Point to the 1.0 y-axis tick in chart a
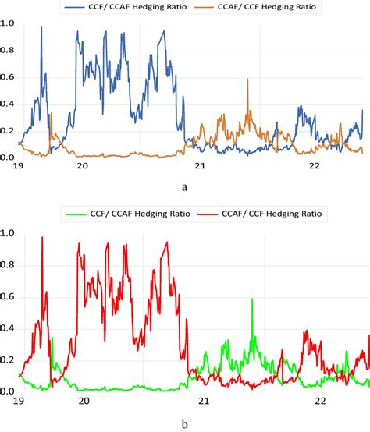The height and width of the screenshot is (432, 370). click(8, 24)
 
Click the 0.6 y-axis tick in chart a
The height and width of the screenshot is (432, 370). click(8, 77)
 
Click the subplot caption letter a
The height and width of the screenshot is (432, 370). click(184, 189)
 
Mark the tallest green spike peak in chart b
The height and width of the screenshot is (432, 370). click(252, 299)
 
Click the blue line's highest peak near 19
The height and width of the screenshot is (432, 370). click(41, 27)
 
